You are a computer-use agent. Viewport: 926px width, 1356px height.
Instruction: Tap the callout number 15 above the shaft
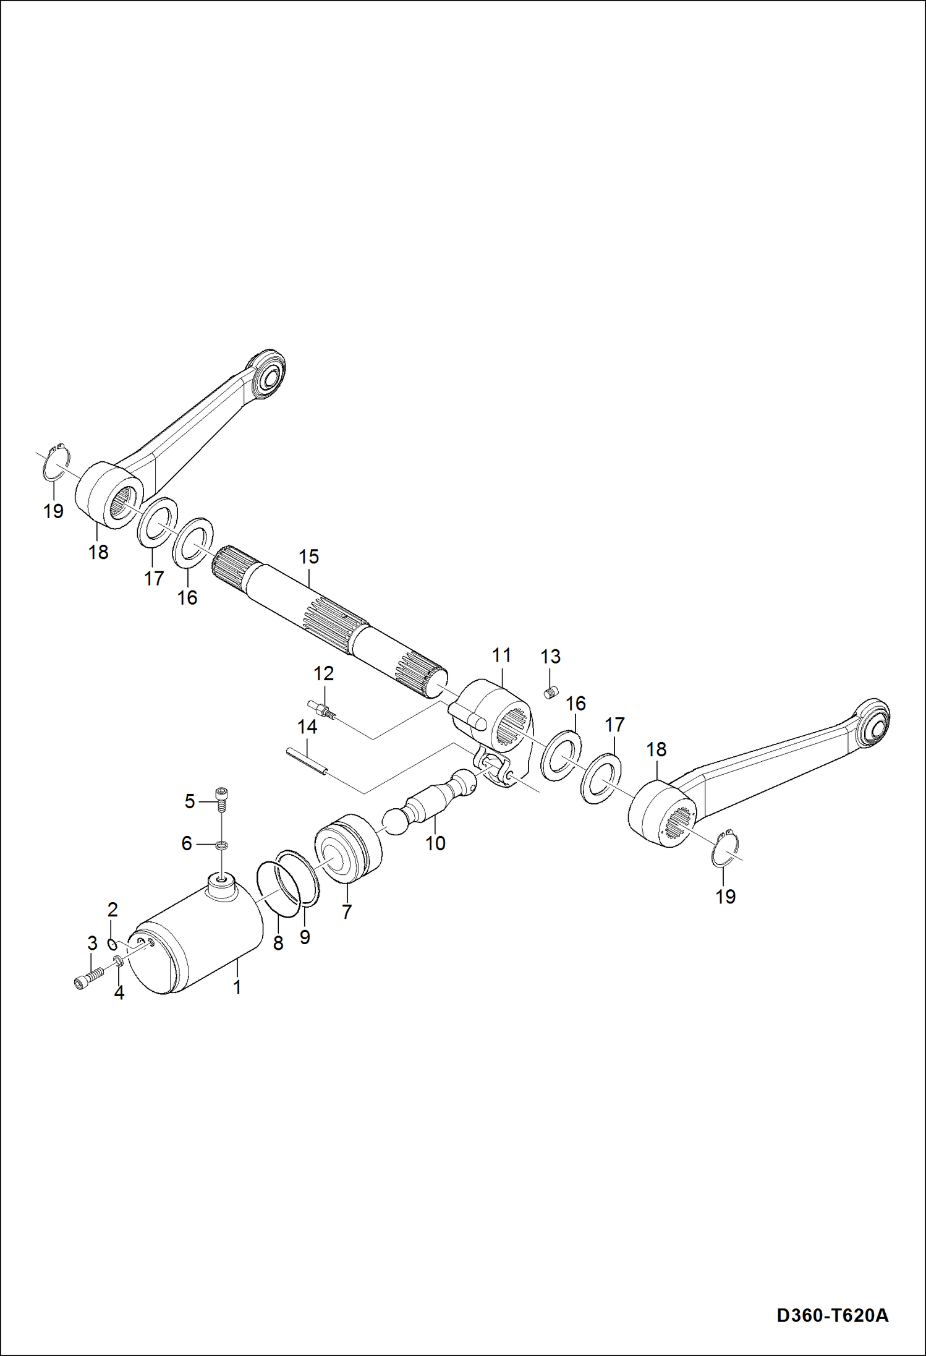point(308,556)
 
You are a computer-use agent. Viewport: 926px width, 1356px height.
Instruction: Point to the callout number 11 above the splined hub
point(501,655)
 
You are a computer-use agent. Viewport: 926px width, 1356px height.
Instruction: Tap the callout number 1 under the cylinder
point(237,987)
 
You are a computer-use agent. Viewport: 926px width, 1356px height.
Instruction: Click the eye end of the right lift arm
point(872,720)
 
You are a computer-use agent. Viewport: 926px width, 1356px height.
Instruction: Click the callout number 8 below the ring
point(278,943)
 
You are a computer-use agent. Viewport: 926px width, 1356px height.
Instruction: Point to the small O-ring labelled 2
point(113,944)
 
